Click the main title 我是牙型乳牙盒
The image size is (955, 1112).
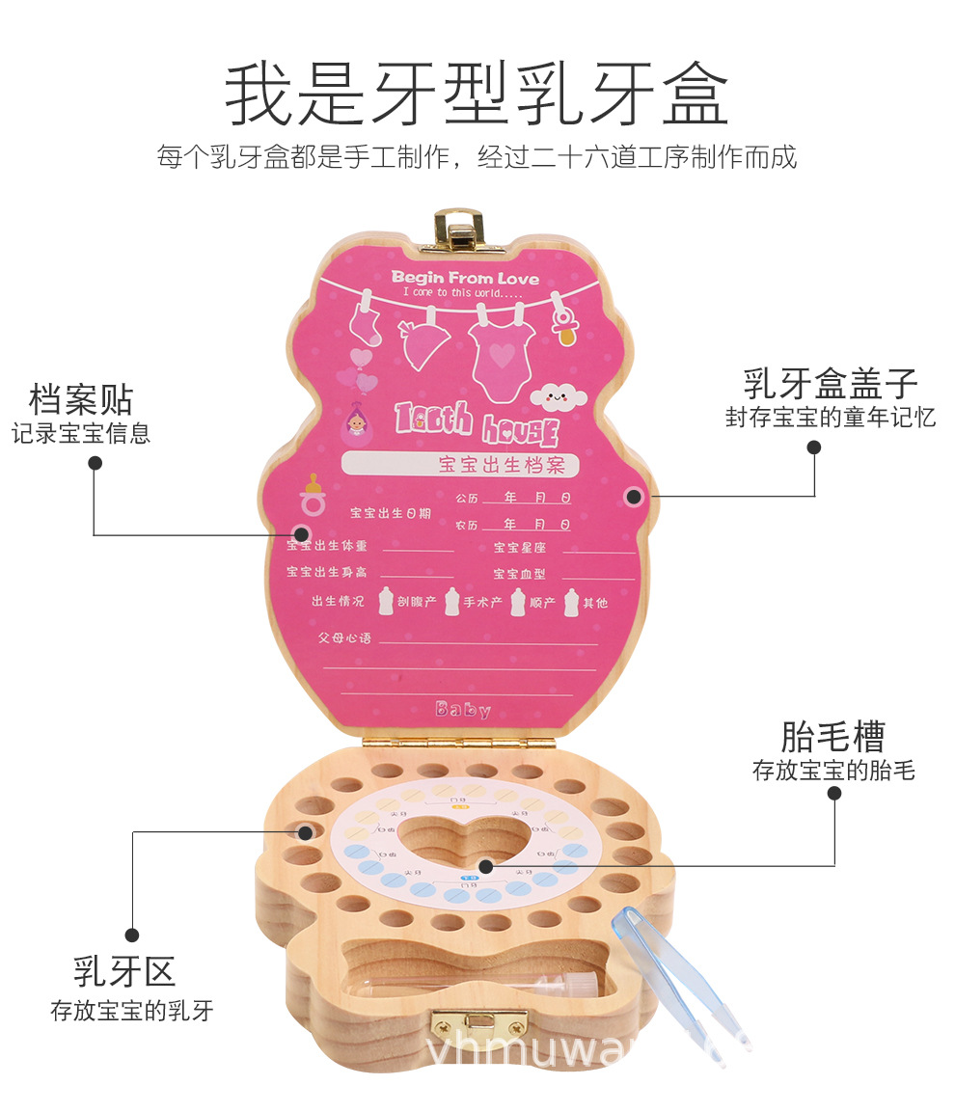(x=477, y=95)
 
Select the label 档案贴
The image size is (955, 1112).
(x=81, y=399)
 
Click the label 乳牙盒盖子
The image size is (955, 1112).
(x=830, y=384)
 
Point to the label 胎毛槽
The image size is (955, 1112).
(x=832, y=738)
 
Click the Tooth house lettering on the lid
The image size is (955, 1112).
(x=477, y=420)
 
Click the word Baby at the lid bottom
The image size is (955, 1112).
(x=462, y=710)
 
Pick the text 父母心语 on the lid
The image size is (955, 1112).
(x=344, y=638)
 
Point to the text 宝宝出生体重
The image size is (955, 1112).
(x=327, y=547)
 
